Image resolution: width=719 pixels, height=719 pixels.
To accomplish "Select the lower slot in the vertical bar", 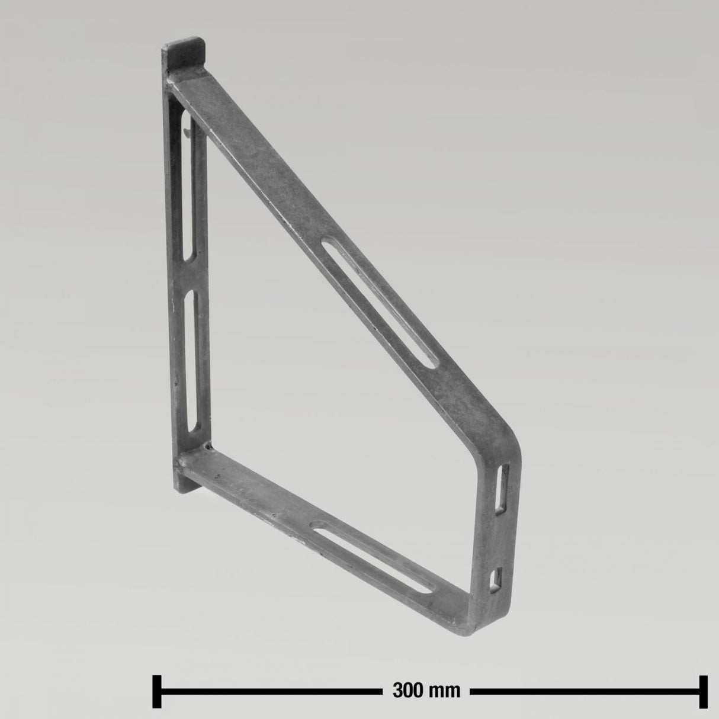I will tap(191, 361).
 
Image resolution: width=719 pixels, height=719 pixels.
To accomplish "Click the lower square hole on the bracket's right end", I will tap(497, 579).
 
